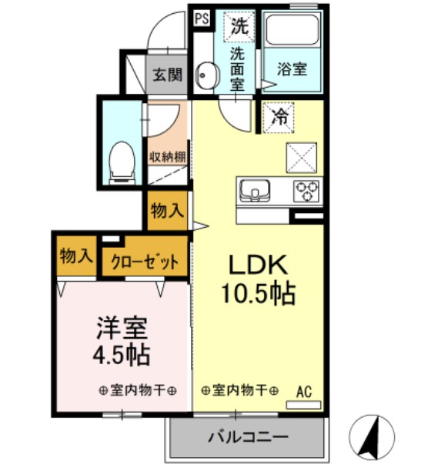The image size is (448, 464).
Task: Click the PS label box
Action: click(x=201, y=18)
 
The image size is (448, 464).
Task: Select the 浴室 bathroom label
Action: click(x=292, y=68)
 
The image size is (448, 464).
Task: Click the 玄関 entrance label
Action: click(x=165, y=75)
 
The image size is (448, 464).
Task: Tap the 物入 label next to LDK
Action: click(x=166, y=211)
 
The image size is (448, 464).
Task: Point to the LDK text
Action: click(x=257, y=265)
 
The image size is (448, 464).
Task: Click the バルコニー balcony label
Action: click(x=248, y=437)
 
